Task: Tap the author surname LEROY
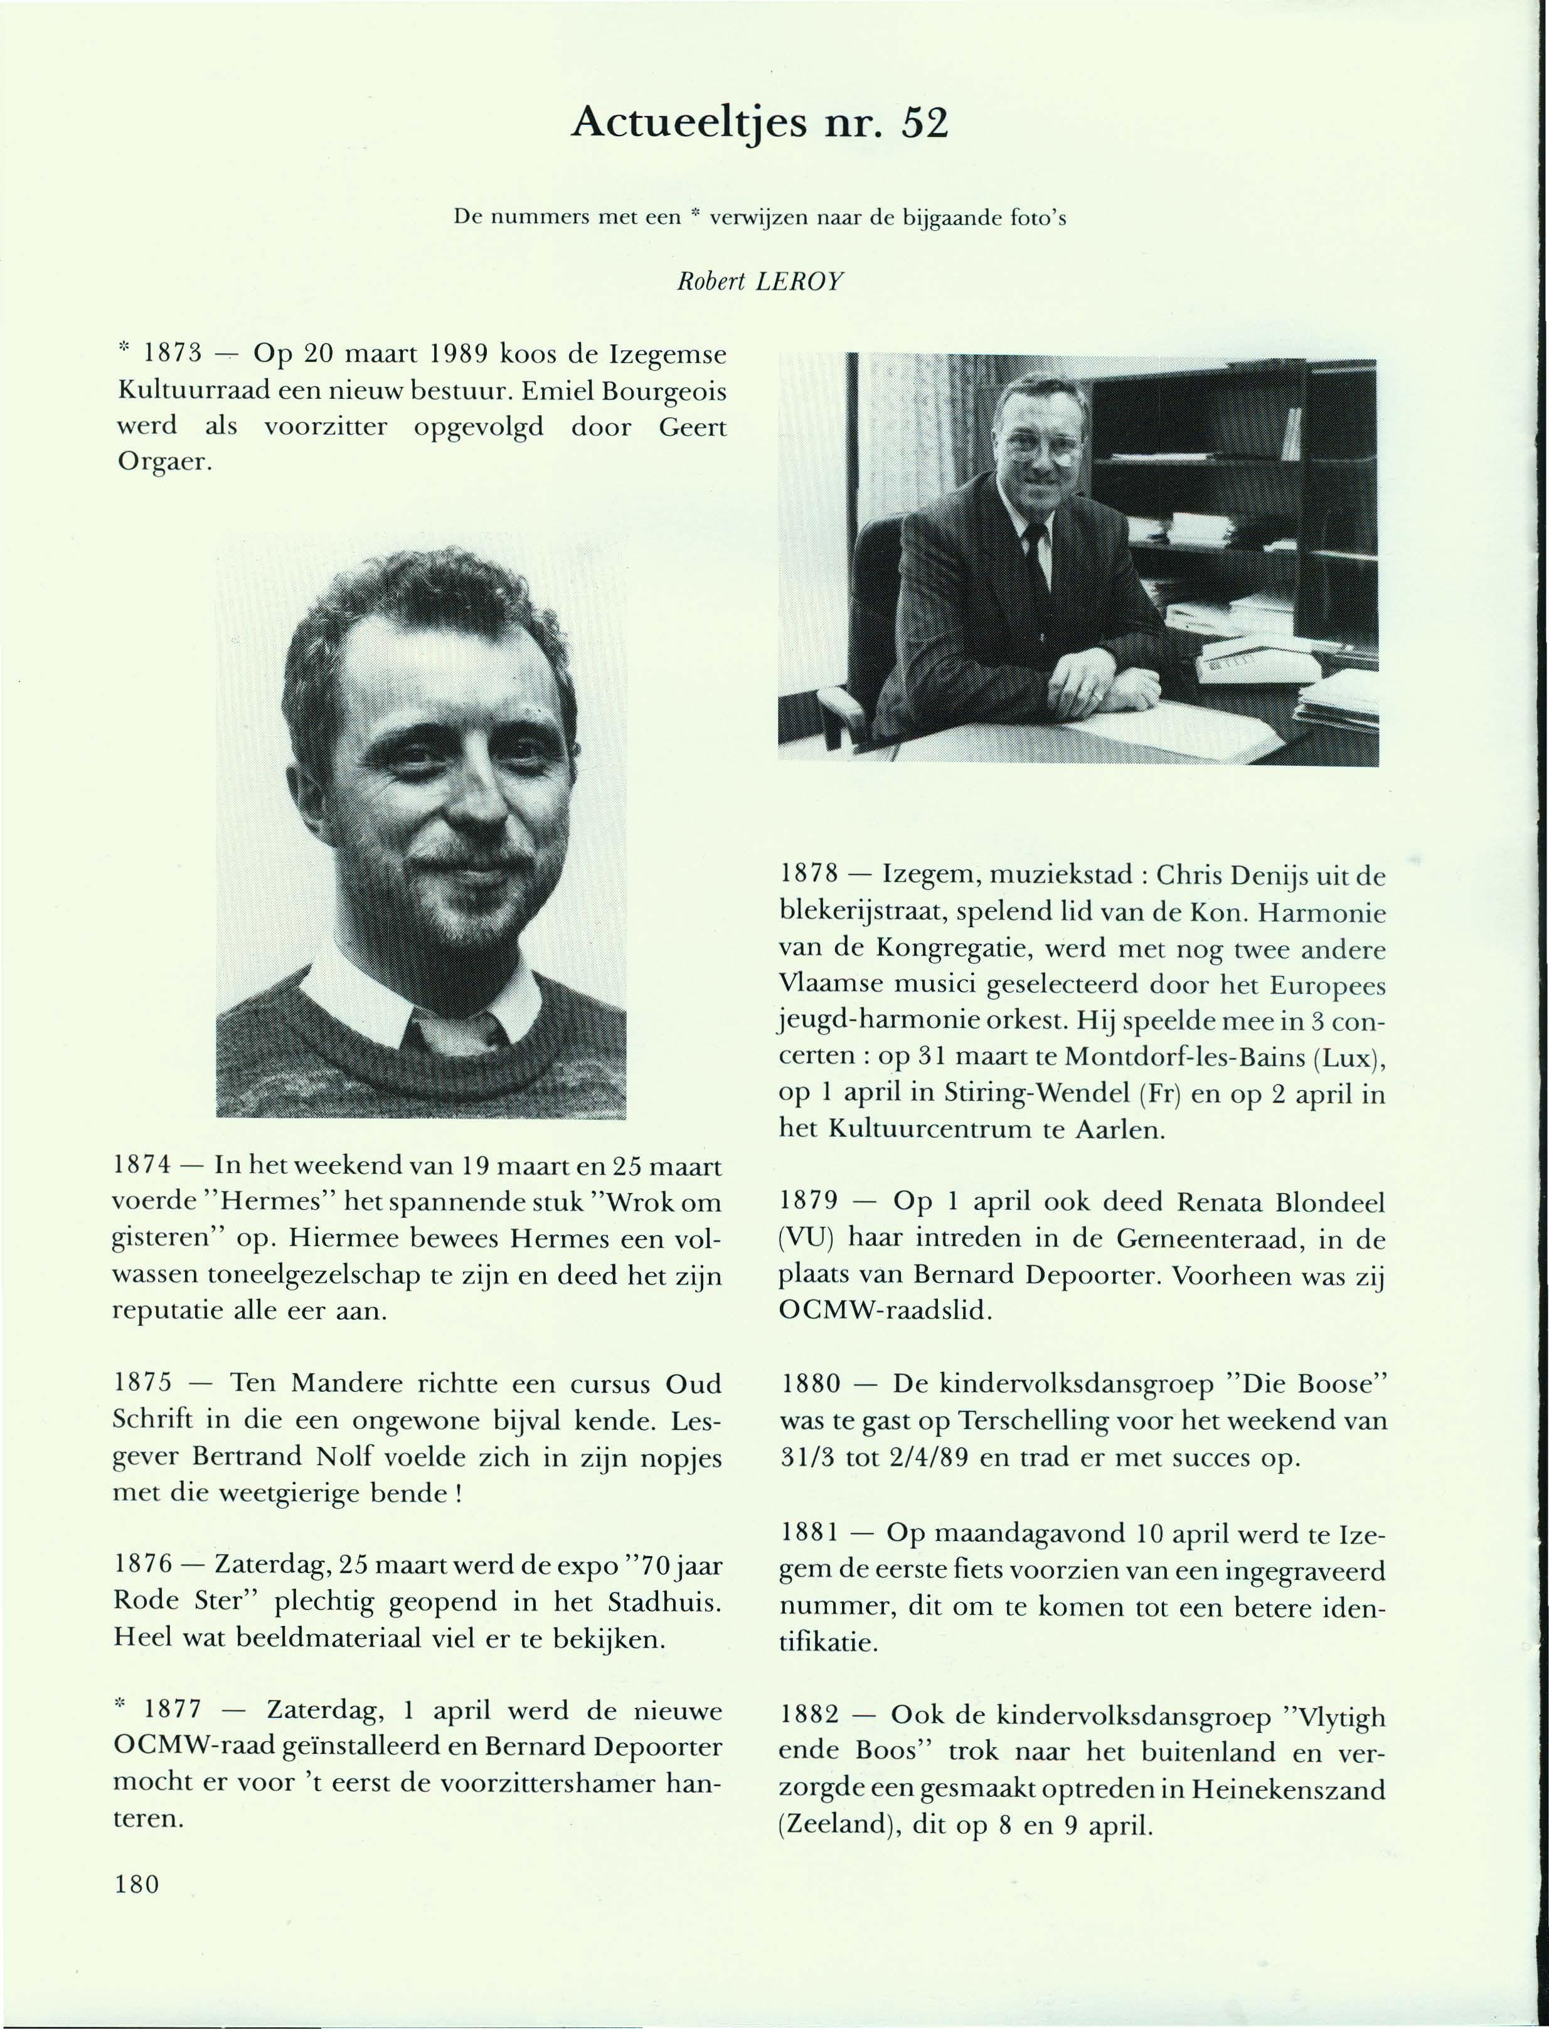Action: tap(799, 282)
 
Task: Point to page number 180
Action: tap(137, 1883)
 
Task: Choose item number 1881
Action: tap(811, 1533)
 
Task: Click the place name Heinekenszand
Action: tap(1288, 1789)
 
